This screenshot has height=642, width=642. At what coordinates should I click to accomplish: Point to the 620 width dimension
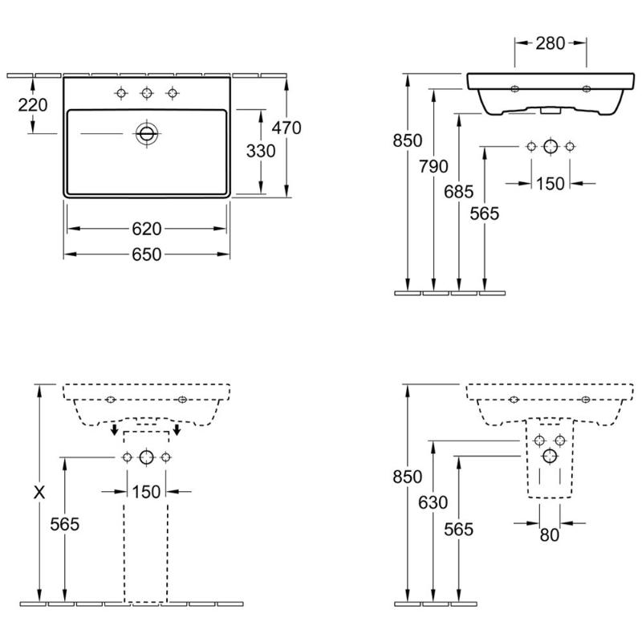click(147, 230)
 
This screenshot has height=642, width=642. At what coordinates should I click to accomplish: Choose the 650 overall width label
click(147, 254)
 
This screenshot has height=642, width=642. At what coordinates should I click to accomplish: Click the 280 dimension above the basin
click(551, 43)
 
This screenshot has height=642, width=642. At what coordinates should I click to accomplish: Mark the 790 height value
click(434, 166)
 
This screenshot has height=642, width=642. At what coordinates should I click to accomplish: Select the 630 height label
click(434, 502)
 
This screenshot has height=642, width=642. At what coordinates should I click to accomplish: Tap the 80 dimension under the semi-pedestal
click(550, 535)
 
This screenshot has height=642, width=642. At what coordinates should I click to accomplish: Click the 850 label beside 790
click(408, 140)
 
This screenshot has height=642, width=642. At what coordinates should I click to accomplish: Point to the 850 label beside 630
click(408, 476)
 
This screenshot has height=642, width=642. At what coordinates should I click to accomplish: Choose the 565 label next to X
click(65, 524)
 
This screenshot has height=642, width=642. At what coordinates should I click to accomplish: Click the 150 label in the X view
click(147, 491)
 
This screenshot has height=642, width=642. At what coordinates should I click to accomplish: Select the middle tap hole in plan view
click(146, 94)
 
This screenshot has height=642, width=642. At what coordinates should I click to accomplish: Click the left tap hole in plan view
click(121, 94)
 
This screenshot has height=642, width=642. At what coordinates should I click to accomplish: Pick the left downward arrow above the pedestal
click(115, 432)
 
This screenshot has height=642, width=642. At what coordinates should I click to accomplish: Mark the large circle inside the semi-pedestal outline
click(550, 457)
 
